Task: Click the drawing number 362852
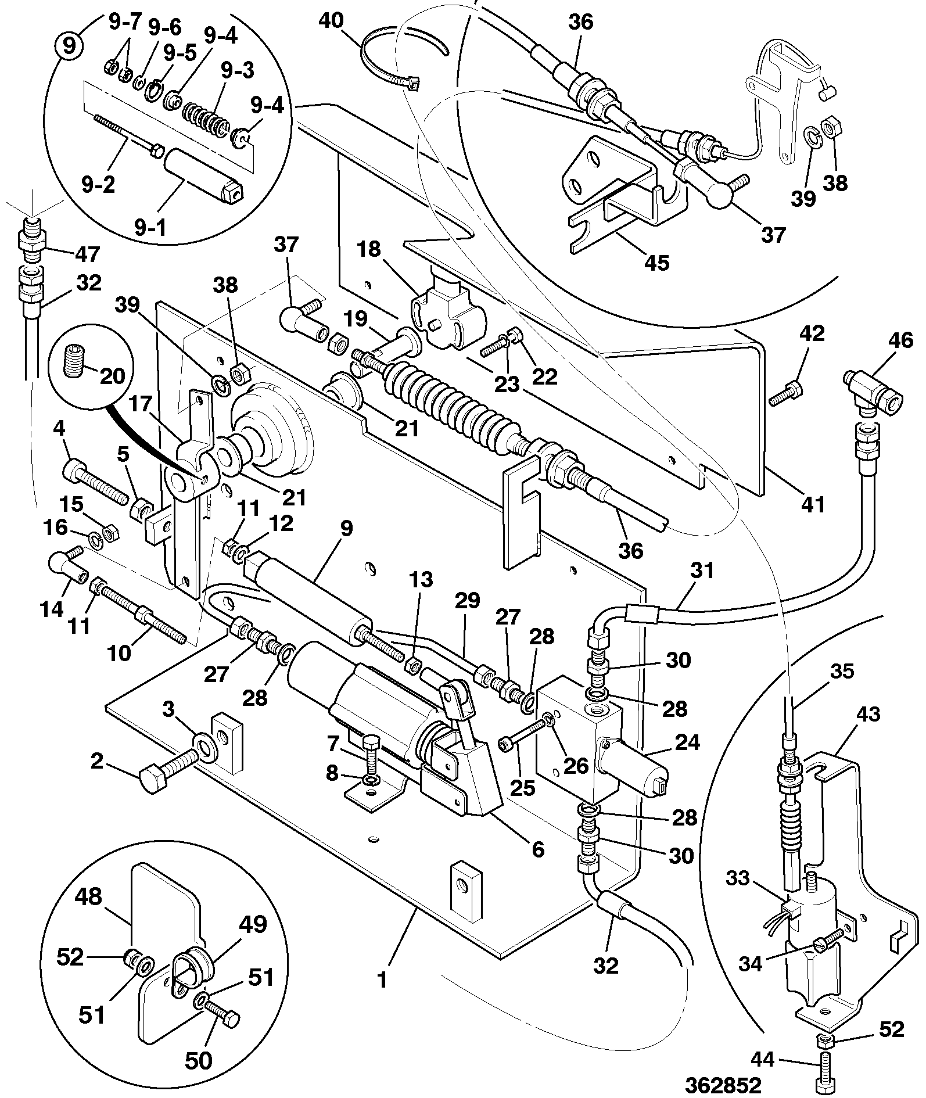click(723, 1085)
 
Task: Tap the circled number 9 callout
click(69, 45)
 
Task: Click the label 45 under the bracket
click(656, 263)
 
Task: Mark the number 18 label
click(369, 249)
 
